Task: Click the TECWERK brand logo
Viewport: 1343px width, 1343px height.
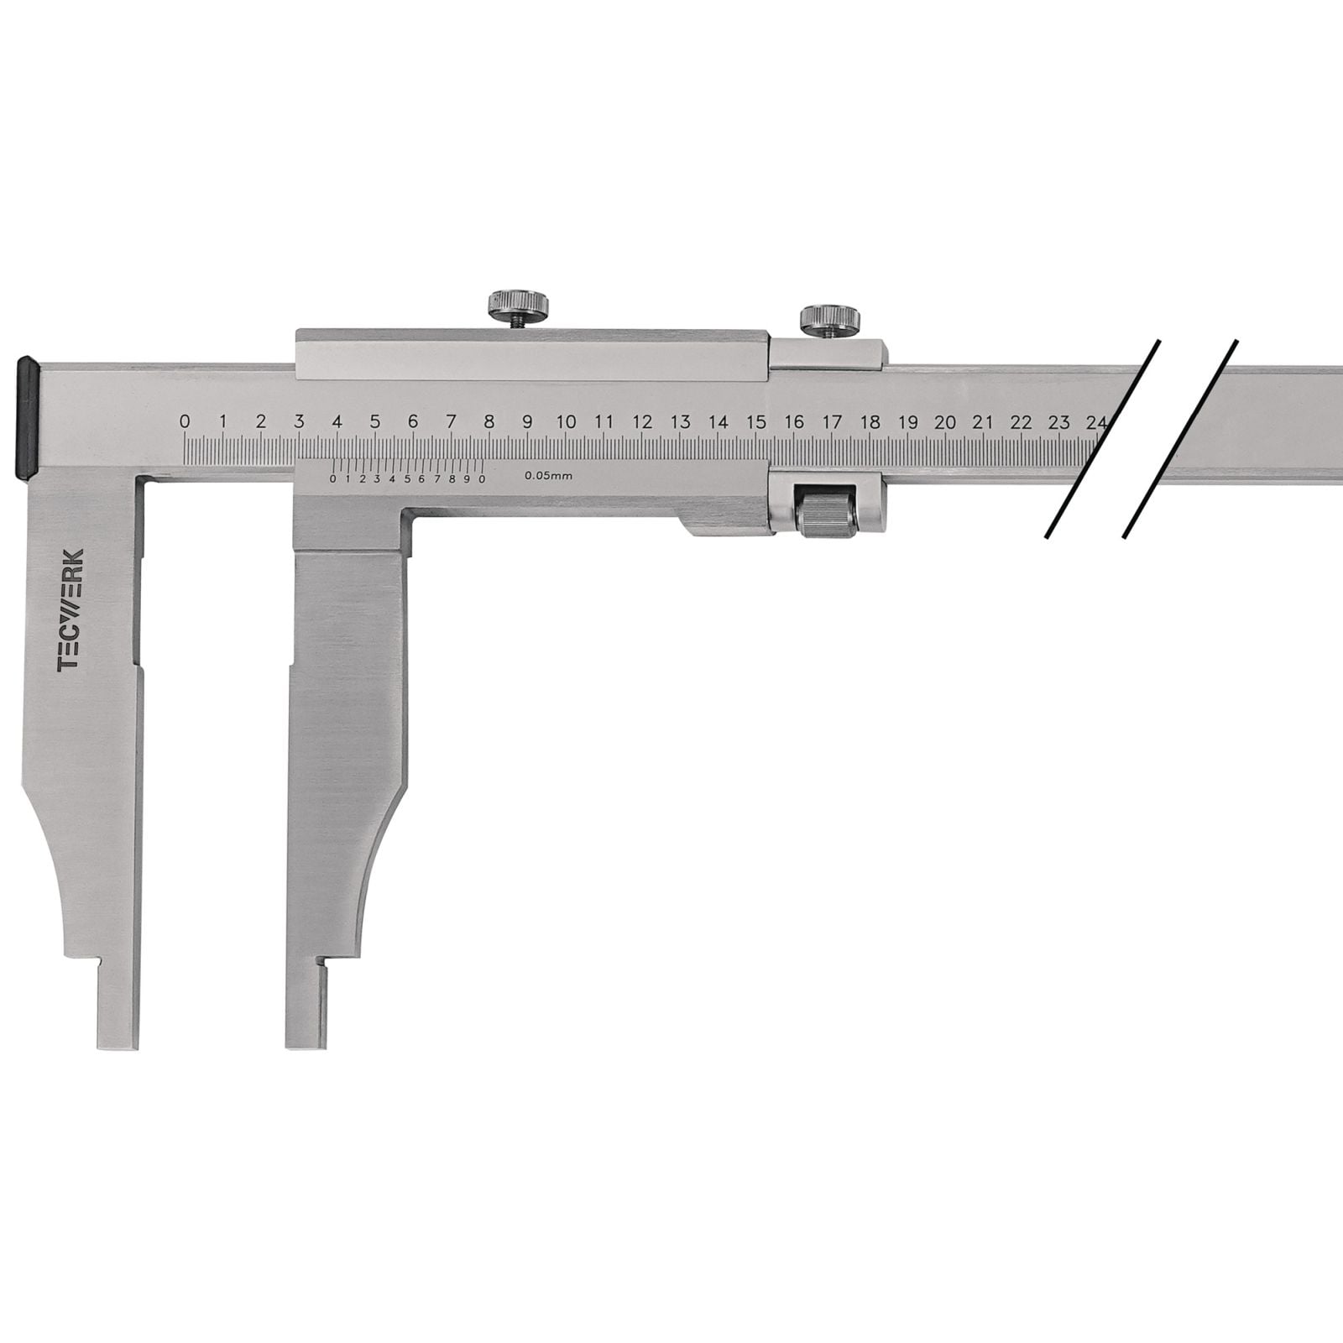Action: [x=71, y=610]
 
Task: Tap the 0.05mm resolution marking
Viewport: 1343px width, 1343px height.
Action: [x=549, y=476]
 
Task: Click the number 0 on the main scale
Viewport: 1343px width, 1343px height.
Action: [x=185, y=421]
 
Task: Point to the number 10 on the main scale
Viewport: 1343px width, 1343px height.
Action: [x=566, y=421]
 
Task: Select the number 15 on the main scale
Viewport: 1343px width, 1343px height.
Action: [x=756, y=421]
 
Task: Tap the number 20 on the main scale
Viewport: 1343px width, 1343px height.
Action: [x=946, y=421]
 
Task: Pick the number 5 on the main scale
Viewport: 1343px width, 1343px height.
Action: [x=375, y=421]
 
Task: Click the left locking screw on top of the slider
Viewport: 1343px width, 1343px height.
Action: [x=519, y=306]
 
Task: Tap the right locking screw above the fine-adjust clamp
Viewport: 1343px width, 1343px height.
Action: [x=829, y=320]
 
